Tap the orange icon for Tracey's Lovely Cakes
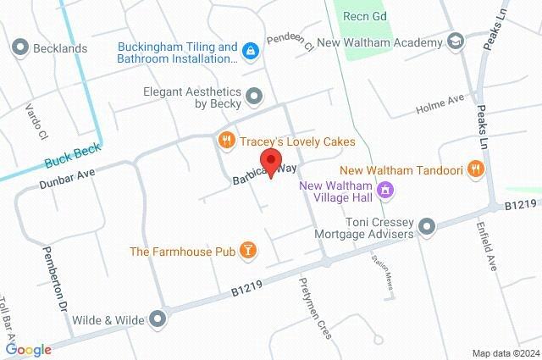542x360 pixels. [x=225, y=141]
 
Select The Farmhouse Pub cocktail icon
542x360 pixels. [x=247, y=251]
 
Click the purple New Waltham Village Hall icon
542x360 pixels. [x=386, y=190]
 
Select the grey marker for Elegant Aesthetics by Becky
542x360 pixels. [x=254, y=96]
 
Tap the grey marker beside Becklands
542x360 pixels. [x=20, y=48]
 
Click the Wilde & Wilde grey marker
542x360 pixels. [x=158, y=319]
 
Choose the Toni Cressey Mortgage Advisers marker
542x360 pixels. [x=427, y=227]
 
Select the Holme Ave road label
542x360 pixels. [x=440, y=105]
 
